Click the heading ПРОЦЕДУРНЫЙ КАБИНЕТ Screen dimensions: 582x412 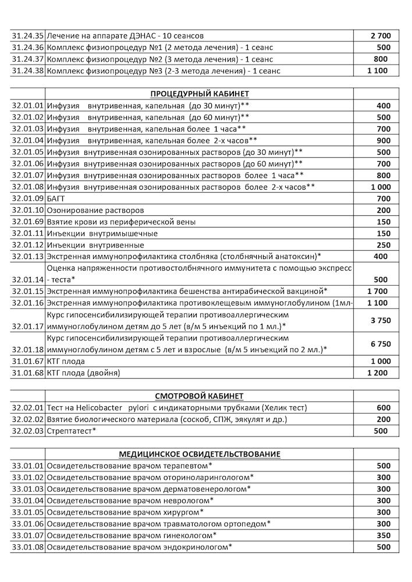(x=200, y=94)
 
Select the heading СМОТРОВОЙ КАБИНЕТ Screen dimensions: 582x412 (x=200, y=396)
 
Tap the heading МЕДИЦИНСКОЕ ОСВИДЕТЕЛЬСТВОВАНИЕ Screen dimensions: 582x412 (x=200, y=454)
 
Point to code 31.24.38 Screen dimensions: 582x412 (x=28, y=71)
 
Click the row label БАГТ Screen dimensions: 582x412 (x=57, y=198)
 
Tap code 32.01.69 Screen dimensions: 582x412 (x=28, y=222)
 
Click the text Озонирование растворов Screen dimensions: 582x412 (x=95, y=210)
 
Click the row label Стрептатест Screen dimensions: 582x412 (x=69, y=431)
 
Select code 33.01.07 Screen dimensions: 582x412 (x=28, y=535)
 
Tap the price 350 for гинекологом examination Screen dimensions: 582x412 (x=383, y=535)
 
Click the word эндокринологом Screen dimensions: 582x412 (x=193, y=546)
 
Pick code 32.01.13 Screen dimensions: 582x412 (x=28, y=257)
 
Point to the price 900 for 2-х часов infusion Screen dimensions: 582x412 (x=383, y=140)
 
